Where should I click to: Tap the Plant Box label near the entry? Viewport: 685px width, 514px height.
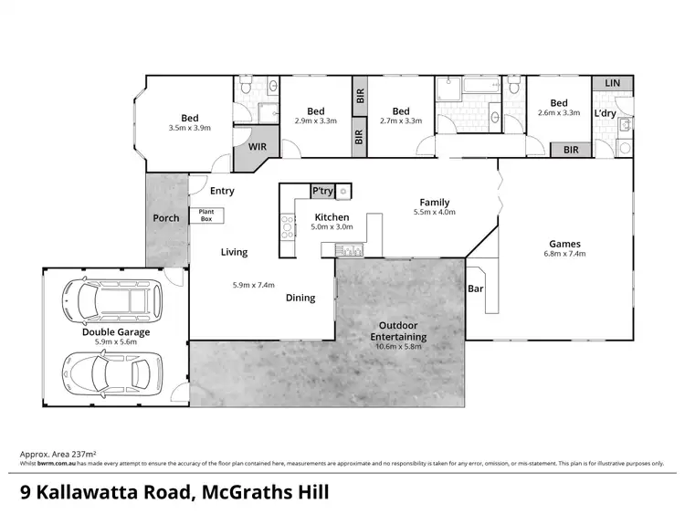pos(201,215)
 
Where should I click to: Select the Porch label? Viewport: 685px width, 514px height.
pos(165,218)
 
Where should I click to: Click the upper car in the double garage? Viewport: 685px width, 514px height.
pos(111,298)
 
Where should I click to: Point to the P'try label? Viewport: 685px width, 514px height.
pos(322,190)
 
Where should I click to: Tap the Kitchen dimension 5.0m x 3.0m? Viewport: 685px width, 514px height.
pos(332,226)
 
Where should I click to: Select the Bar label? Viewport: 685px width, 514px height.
pos(475,288)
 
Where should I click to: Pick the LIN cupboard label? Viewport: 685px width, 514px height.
pos(612,83)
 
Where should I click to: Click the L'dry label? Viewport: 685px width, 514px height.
pos(604,114)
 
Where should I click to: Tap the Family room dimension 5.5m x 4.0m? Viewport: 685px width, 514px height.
pos(435,212)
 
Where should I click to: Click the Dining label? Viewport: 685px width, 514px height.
pos(300,298)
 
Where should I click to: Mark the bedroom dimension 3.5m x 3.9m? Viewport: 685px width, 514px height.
pos(190,128)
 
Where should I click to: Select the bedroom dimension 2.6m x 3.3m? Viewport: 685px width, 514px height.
pos(558,113)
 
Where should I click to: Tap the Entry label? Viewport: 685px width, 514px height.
pos(222,191)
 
